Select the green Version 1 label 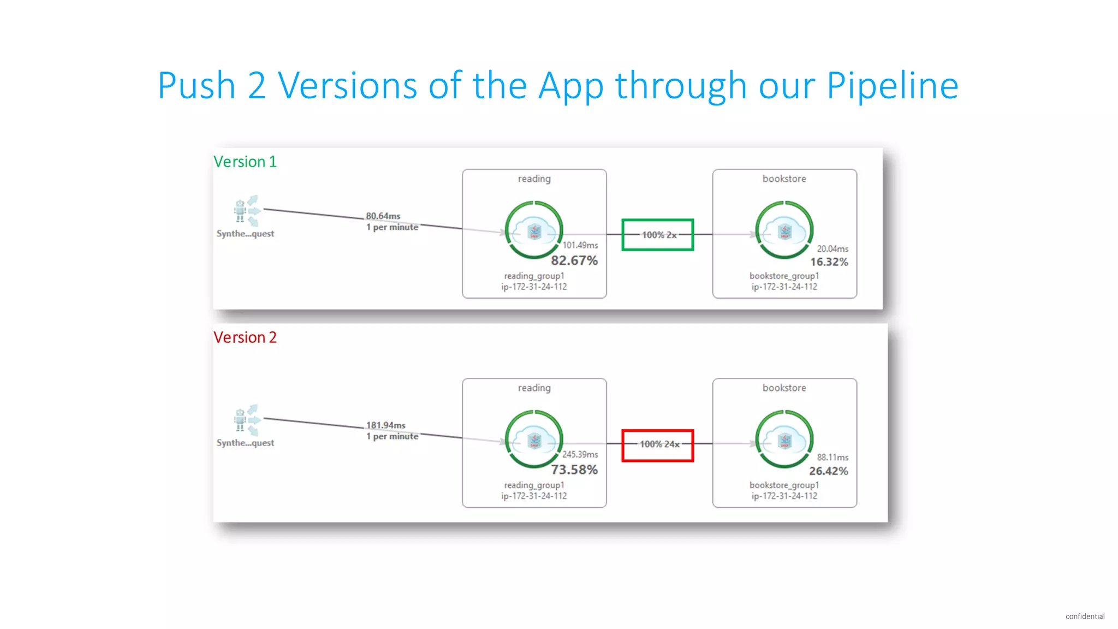coord(245,162)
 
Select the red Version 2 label coord(245,337)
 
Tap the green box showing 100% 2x coord(658,235)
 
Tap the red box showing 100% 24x coord(658,445)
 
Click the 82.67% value coord(574,260)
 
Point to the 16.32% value coord(829,262)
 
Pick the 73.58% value coord(574,470)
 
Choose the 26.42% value coord(828,471)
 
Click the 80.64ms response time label coord(383,216)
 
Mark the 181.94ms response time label coord(386,425)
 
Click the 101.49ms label coord(580,245)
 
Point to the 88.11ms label coord(832,458)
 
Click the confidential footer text coord(1085,616)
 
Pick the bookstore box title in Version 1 coord(784,179)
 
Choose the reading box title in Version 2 coord(534,388)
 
